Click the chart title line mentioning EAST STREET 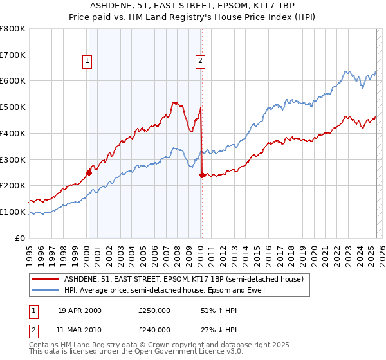[x=193, y=7]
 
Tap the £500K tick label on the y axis [x=13, y=107]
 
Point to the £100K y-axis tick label [x=13, y=212]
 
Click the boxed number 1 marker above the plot [x=87, y=61]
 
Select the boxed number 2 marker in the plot [x=201, y=61]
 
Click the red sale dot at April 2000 [x=89, y=172]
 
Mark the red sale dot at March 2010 [x=202, y=174]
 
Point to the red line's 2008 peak [x=174, y=102]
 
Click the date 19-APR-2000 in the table [x=80, y=310]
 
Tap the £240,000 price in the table [x=154, y=329]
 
